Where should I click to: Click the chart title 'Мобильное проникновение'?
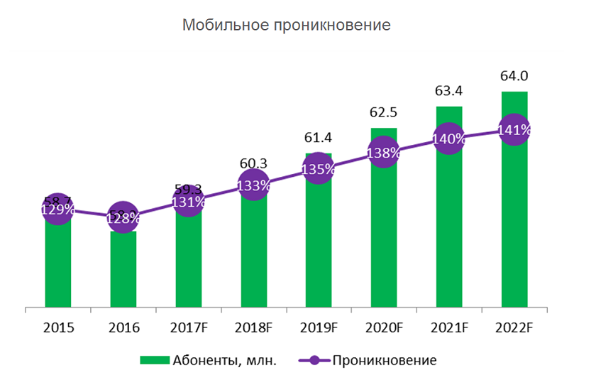pyautogui.click(x=287, y=26)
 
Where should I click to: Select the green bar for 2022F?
pyautogui.click(x=514, y=227)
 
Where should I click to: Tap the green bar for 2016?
pyautogui.click(x=123, y=270)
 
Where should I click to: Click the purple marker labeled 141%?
pyautogui.click(x=514, y=130)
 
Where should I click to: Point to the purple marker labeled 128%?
pyautogui.click(x=123, y=218)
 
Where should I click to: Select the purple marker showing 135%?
pyautogui.click(x=319, y=169)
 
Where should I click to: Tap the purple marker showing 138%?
pyautogui.click(x=384, y=152)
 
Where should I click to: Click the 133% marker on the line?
pyautogui.click(x=253, y=186)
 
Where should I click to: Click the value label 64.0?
pyautogui.click(x=514, y=76)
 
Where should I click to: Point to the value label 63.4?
pyautogui.click(x=449, y=91)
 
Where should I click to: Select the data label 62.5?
pyautogui.click(x=384, y=112)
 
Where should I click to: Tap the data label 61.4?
pyautogui.click(x=319, y=137)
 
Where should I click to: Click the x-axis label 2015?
pyautogui.click(x=57, y=328)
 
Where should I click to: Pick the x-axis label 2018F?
pyautogui.click(x=253, y=328)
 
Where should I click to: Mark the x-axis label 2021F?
pyautogui.click(x=449, y=328)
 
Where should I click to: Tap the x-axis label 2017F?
pyautogui.click(x=188, y=328)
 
